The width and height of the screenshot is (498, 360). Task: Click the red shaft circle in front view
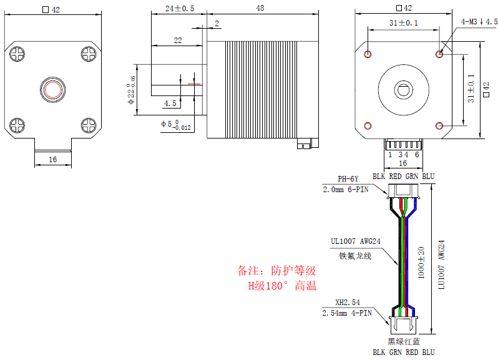point(53,89)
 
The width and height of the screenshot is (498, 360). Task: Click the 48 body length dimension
point(259,8)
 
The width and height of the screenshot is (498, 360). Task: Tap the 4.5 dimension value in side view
point(170,104)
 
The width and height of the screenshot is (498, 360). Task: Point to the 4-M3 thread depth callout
point(479,22)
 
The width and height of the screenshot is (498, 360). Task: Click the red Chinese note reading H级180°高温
point(281,286)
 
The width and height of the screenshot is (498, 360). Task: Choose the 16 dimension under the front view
point(52,160)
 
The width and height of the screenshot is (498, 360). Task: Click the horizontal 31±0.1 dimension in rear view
point(403,23)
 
